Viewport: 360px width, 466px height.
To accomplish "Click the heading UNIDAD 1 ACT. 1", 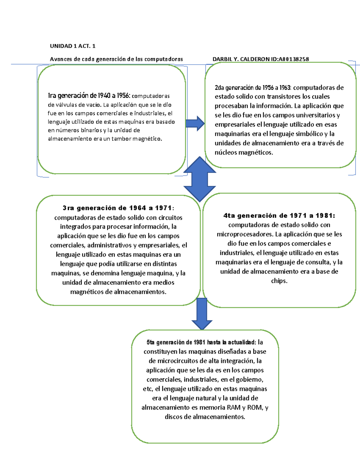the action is tap(73, 46).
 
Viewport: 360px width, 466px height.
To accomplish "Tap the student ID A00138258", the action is tap(294, 59).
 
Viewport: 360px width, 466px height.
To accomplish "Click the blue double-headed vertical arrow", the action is tap(200, 179).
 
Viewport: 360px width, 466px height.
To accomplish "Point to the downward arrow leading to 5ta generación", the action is tap(202, 314).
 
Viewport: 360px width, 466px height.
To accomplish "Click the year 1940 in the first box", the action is tap(104, 96).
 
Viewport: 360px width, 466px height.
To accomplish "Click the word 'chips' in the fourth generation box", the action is tap(279, 281).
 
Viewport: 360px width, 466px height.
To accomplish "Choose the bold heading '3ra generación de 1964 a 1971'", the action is tap(118, 208).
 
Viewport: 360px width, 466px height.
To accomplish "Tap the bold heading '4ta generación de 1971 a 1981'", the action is tap(279, 215).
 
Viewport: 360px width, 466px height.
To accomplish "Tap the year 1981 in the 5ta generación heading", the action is tap(199, 342).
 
